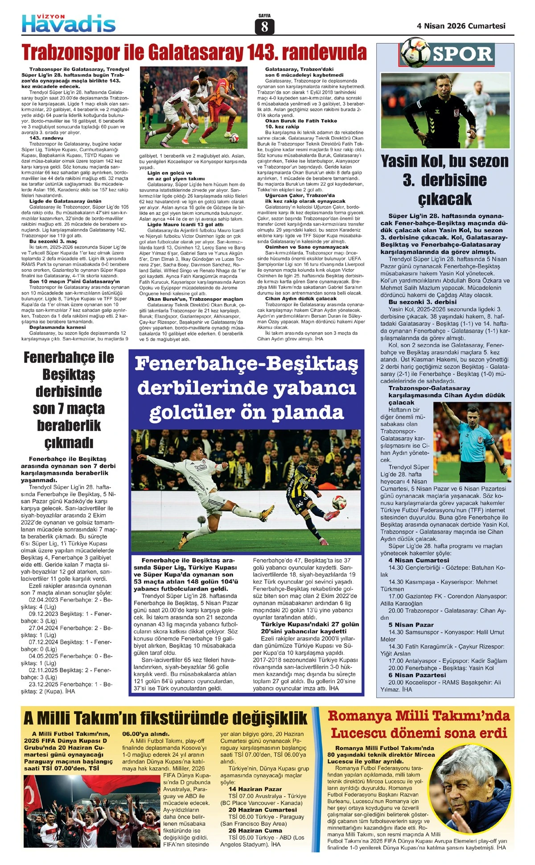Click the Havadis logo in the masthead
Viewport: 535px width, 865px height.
coord(69,23)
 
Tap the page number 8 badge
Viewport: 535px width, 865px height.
coord(264,27)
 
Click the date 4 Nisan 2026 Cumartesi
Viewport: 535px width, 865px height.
coord(461,26)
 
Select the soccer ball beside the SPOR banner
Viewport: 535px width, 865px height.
coord(415,53)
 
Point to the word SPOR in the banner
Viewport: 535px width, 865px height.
coord(463,54)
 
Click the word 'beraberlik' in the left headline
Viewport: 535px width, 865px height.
coord(69,425)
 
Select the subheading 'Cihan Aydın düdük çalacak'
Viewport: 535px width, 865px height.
coord(301,299)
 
